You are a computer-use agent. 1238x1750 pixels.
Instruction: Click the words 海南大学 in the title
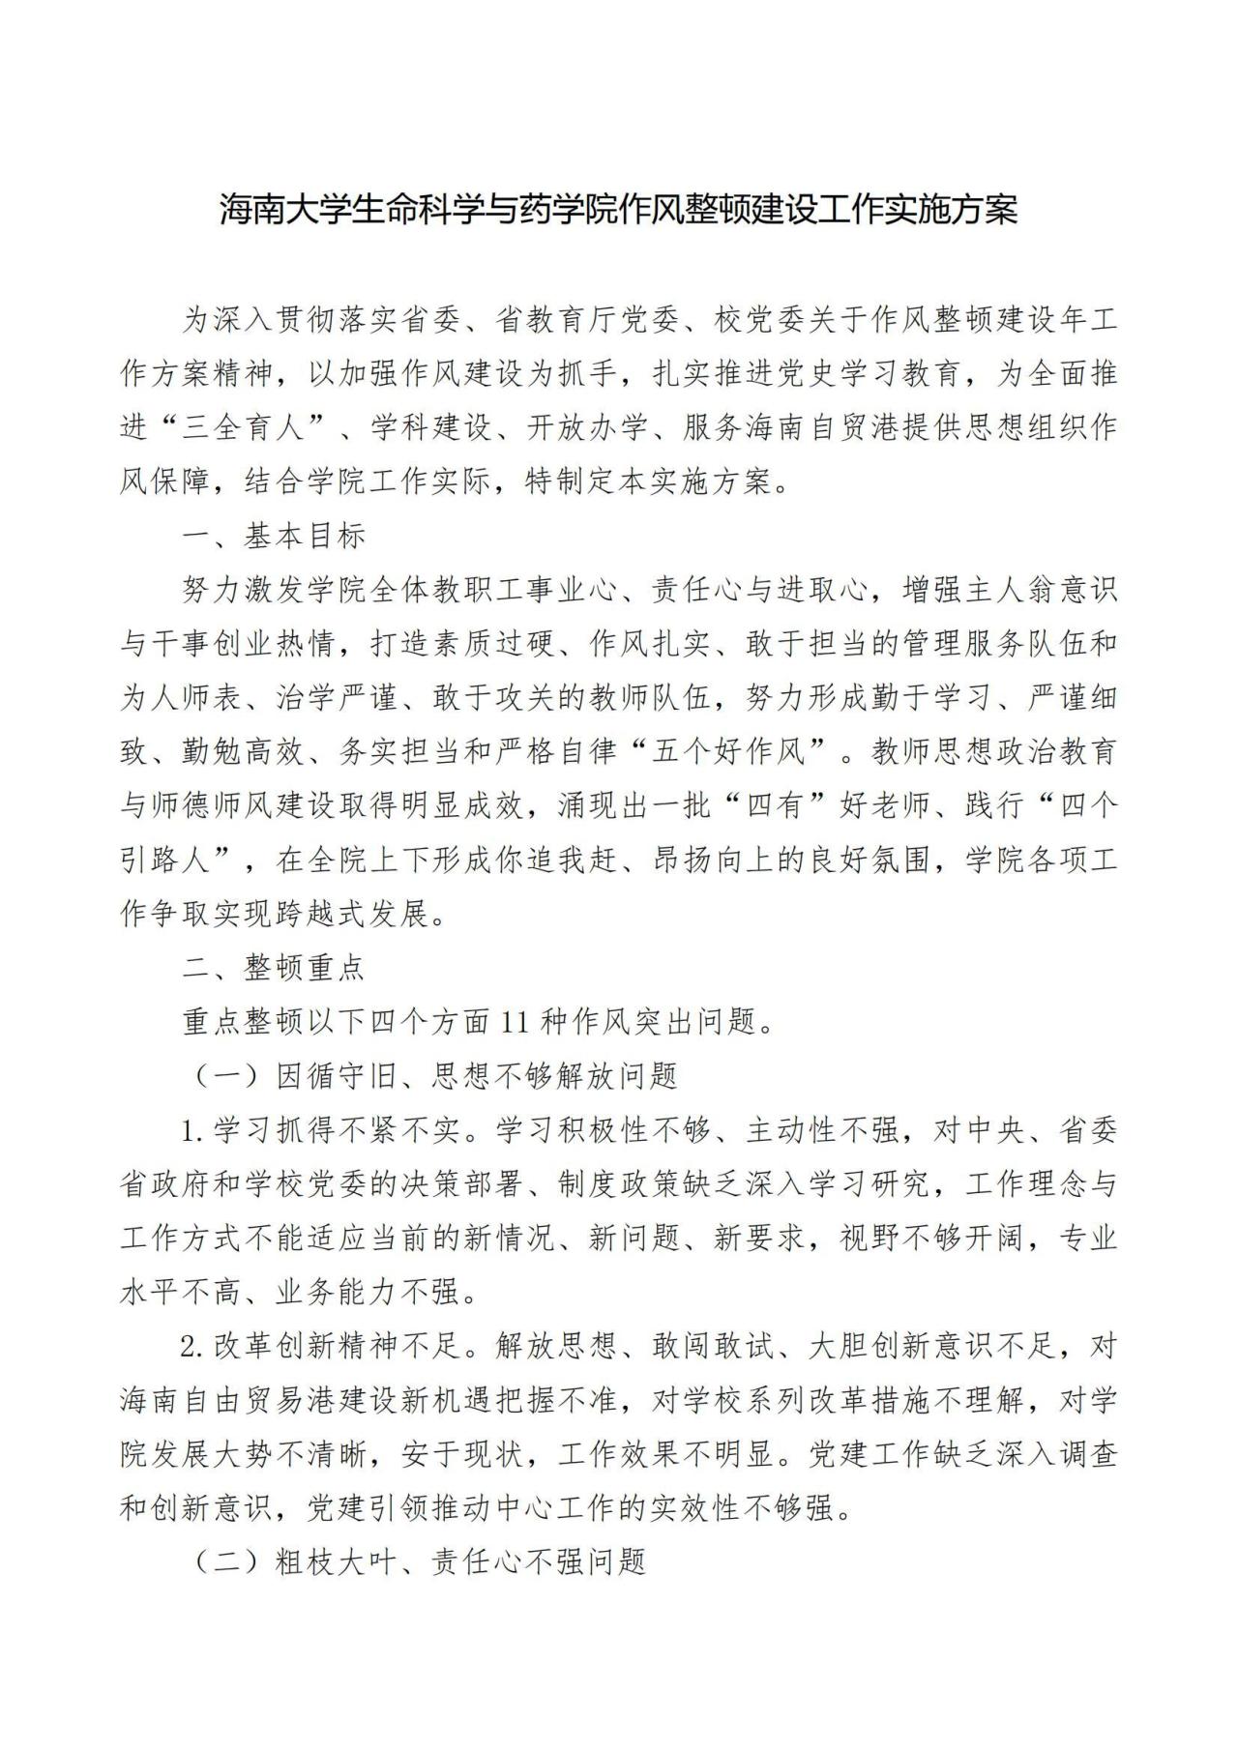[280, 209]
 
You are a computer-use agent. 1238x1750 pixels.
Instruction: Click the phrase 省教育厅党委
[587, 320]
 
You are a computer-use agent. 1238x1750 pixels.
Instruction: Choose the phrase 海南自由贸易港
[227, 1400]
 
